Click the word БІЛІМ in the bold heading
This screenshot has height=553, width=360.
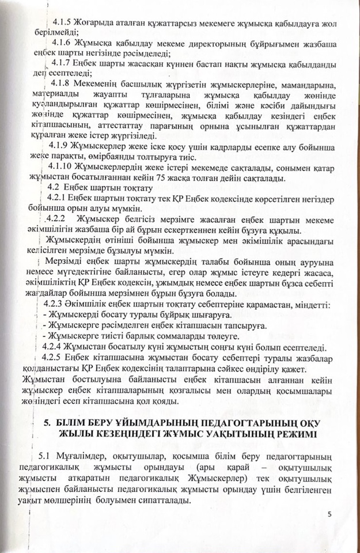73,423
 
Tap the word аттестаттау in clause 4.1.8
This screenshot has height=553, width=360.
113,125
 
